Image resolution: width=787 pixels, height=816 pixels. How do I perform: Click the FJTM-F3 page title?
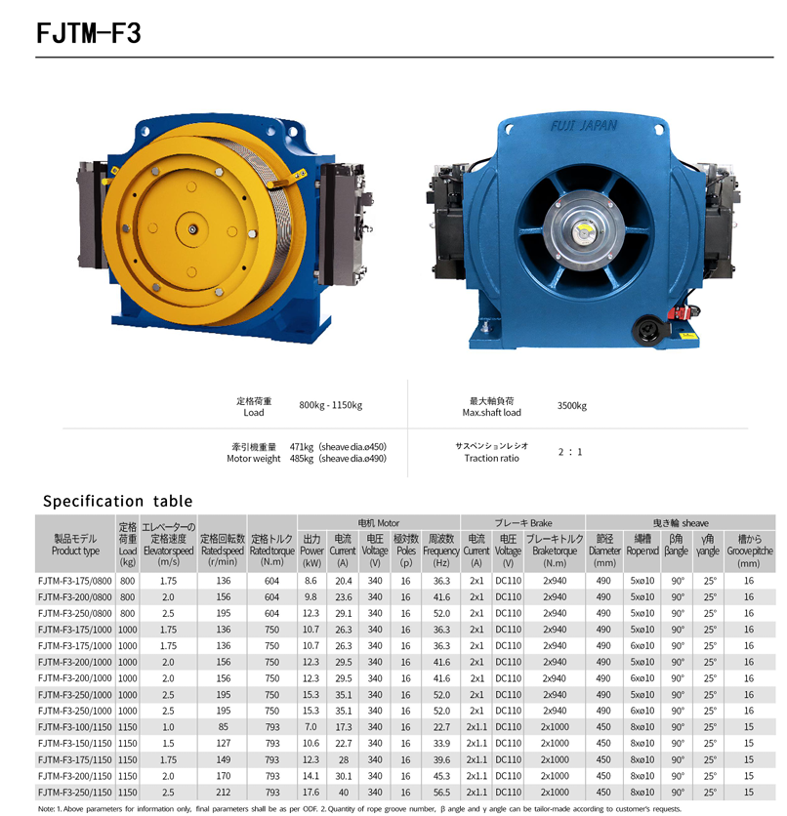[x=89, y=33]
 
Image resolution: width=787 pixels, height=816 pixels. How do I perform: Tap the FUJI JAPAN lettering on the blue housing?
[x=584, y=126]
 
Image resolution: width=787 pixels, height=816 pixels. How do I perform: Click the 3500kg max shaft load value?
[x=571, y=406]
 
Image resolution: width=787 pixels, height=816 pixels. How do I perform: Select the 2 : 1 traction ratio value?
[x=570, y=452]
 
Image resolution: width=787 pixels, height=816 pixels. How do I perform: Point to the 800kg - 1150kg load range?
[x=330, y=405]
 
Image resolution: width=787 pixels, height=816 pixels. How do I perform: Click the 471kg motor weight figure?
[x=302, y=447]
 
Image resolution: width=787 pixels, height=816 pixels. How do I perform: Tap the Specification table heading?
[x=117, y=501]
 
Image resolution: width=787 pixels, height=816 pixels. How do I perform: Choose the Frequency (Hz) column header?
[x=441, y=551]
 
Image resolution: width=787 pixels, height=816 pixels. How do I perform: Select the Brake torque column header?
[x=555, y=551]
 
